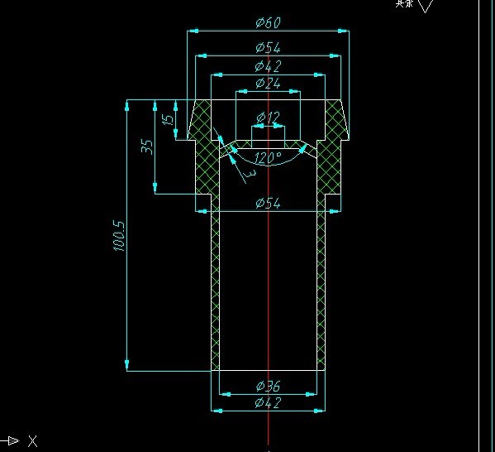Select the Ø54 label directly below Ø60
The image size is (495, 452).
pyautogui.click(x=269, y=48)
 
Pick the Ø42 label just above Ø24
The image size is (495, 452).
pyautogui.click(x=269, y=65)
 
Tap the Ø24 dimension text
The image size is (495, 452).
pyautogui.click(x=269, y=83)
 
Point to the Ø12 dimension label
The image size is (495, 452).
pyautogui.click(x=269, y=117)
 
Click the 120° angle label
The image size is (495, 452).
pyautogui.click(x=269, y=157)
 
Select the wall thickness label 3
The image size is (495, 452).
pyautogui.click(x=249, y=175)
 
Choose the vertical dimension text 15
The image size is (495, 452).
pyautogui.click(x=169, y=119)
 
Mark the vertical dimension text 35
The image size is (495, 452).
pyautogui.click(x=147, y=147)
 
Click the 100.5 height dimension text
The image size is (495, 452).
pyautogui.click(x=118, y=236)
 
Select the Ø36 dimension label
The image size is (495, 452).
pyautogui.click(x=269, y=386)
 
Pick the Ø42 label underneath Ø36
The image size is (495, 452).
pyautogui.click(x=269, y=402)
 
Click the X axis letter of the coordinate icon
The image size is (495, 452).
pyautogui.click(x=32, y=440)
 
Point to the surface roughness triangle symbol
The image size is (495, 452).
pyautogui.click(x=426, y=6)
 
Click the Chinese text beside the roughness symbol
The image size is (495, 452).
pyautogui.click(x=403, y=3)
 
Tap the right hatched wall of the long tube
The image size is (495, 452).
pyautogui.click(x=321, y=290)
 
